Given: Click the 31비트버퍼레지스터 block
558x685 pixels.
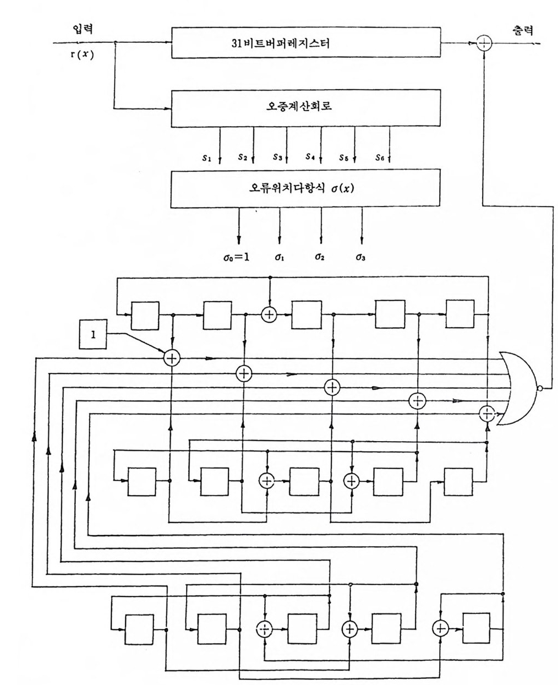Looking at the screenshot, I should click(x=306, y=43).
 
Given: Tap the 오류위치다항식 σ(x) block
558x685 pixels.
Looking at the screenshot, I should click(x=306, y=188).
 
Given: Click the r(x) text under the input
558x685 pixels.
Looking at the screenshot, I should click(x=82, y=55).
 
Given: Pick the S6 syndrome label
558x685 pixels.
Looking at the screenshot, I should click(x=380, y=157).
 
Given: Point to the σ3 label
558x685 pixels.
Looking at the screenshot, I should click(x=360, y=257).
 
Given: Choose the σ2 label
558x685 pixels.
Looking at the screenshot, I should click(x=320, y=257).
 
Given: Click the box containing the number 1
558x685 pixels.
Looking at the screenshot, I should click(x=93, y=334).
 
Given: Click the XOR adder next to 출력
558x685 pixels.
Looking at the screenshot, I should click(x=484, y=44).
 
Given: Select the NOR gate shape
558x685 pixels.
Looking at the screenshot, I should click(x=520, y=388).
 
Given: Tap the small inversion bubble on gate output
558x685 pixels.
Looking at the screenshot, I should click(x=540, y=389).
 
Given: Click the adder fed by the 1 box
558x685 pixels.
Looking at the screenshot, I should click(x=172, y=357).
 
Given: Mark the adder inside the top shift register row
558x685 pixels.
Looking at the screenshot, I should click(x=270, y=314).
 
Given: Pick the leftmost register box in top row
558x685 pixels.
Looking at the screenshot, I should click(x=145, y=315).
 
